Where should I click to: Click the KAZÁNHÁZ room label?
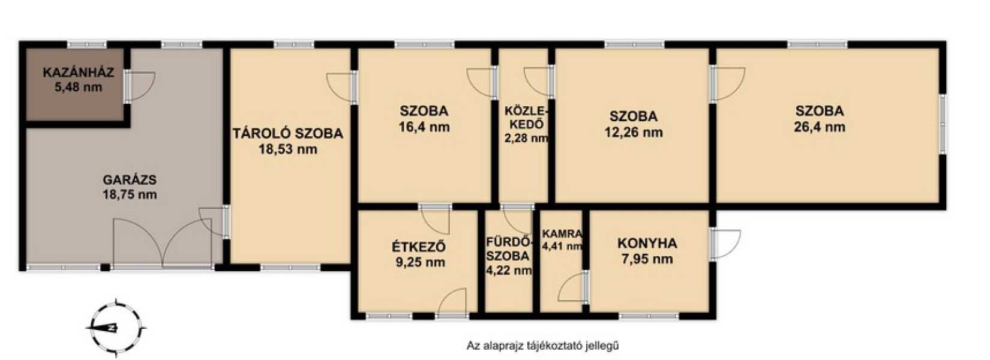coord(78,72)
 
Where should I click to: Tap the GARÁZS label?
coord(130,180)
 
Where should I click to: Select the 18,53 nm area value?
coord(288,149)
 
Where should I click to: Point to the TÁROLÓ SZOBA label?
coord(288,133)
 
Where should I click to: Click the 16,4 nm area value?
coord(424,127)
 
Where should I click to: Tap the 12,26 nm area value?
coord(634,133)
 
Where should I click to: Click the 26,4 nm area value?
coord(820,127)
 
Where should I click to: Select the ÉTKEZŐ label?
coord(419,247)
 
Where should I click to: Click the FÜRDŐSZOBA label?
coord(508,248)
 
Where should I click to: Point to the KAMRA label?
coord(562,233)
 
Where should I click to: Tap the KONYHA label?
coord(647,243)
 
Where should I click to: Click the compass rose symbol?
coord(116,328)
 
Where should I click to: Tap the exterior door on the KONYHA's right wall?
coord(724,244)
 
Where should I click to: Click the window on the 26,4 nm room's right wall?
coord(942,124)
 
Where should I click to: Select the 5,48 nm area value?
coord(78,87)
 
